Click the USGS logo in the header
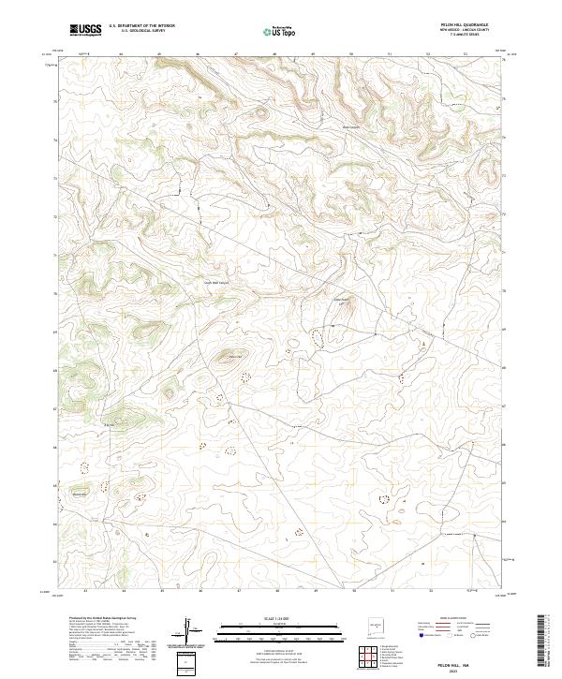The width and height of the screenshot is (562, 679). [85, 30]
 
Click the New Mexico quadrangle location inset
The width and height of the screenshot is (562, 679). [378, 622]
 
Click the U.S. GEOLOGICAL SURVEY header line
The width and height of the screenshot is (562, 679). [135, 32]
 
